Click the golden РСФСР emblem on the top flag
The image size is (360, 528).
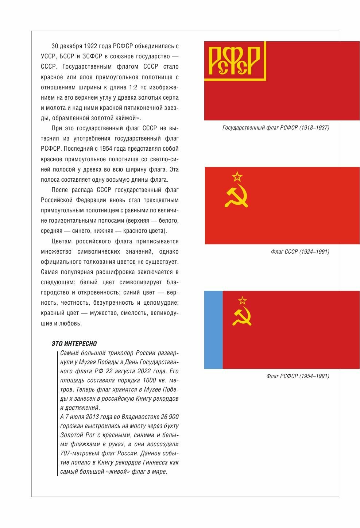point(234,60)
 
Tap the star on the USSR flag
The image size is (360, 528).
point(237,177)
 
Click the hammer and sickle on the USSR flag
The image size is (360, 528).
point(236,197)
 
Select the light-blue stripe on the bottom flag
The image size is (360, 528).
point(213,329)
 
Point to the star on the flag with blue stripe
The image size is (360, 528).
point(242,301)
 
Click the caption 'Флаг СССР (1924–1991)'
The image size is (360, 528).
point(300,252)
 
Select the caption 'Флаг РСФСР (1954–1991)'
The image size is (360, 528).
point(298,376)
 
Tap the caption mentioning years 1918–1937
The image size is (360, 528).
point(276,128)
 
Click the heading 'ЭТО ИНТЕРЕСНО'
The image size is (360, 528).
point(74,344)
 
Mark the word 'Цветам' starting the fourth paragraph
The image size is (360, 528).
point(61,242)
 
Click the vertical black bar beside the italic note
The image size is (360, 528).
point(58,412)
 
